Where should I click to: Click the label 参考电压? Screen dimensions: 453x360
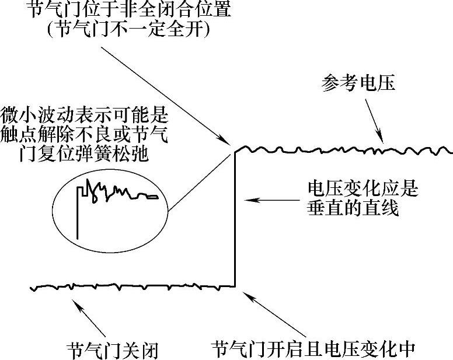[x=358, y=83]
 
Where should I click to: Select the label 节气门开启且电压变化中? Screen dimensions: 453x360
[x=313, y=349]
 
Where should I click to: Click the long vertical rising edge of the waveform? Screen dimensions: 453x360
[x=235, y=222]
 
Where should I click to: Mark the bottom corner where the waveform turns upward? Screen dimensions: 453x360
[x=235, y=286]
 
